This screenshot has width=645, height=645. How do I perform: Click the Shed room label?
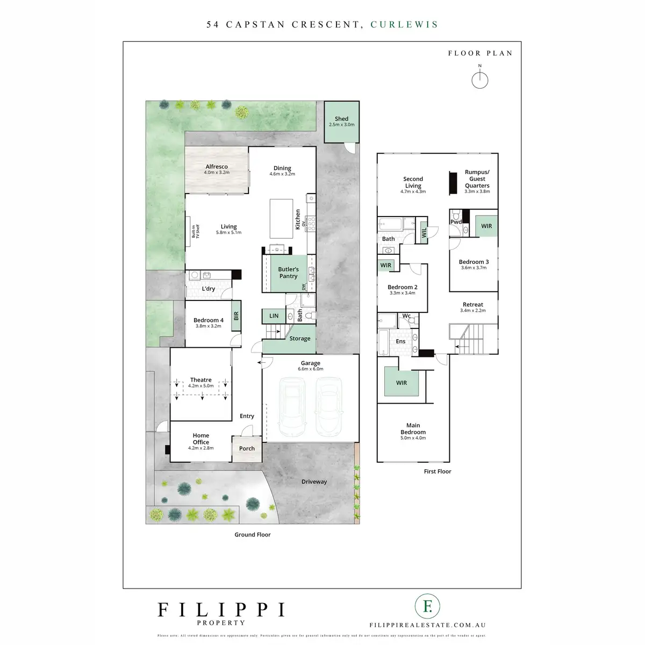(341, 119)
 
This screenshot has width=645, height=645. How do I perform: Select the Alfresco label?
(217, 167)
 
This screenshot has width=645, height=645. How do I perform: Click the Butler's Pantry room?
(288, 273)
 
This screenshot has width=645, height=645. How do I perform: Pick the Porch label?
(247, 448)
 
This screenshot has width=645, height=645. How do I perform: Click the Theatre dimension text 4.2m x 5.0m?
(201, 386)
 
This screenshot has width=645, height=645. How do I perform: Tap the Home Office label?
(201, 439)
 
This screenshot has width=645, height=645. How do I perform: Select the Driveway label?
(314, 482)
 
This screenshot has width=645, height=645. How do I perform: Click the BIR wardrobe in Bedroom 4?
(236, 316)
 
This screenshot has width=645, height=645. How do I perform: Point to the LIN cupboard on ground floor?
(274, 316)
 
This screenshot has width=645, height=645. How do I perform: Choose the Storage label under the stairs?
(300, 339)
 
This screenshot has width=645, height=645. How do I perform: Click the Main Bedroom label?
(413, 428)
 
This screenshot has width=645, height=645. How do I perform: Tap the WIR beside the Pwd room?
(486, 226)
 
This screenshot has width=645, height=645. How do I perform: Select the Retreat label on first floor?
(473, 305)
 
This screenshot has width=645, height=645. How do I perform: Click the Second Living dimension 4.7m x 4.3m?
(413, 191)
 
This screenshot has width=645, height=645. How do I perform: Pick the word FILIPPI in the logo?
(221, 610)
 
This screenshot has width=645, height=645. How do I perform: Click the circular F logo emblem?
(428, 607)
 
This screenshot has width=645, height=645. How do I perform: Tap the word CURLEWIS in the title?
(404, 24)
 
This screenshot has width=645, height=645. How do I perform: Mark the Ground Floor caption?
(253, 534)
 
